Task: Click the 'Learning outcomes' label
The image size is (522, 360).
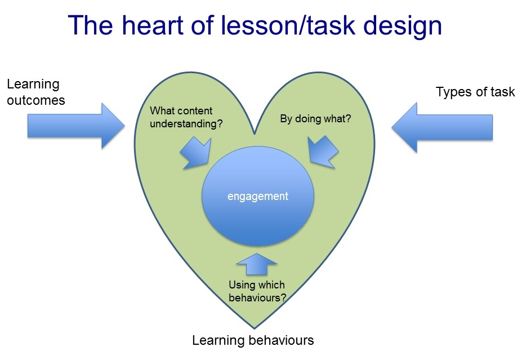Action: pos(35,92)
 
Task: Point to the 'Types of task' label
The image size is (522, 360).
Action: pos(475,92)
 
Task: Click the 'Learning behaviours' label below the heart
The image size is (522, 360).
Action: pos(253,340)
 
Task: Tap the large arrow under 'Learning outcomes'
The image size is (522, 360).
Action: pos(76,126)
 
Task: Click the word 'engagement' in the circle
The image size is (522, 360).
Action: pos(258,197)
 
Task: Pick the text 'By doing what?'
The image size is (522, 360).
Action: pos(315,119)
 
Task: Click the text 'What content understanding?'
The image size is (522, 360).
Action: pos(186,117)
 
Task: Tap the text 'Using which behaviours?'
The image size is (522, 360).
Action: pos(257,291)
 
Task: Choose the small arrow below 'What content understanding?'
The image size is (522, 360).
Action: pos(194,153)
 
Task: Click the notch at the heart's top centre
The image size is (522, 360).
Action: pos(255,134)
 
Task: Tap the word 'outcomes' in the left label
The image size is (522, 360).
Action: pos(35,100)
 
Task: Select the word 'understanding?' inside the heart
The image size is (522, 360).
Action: pos(186,123)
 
